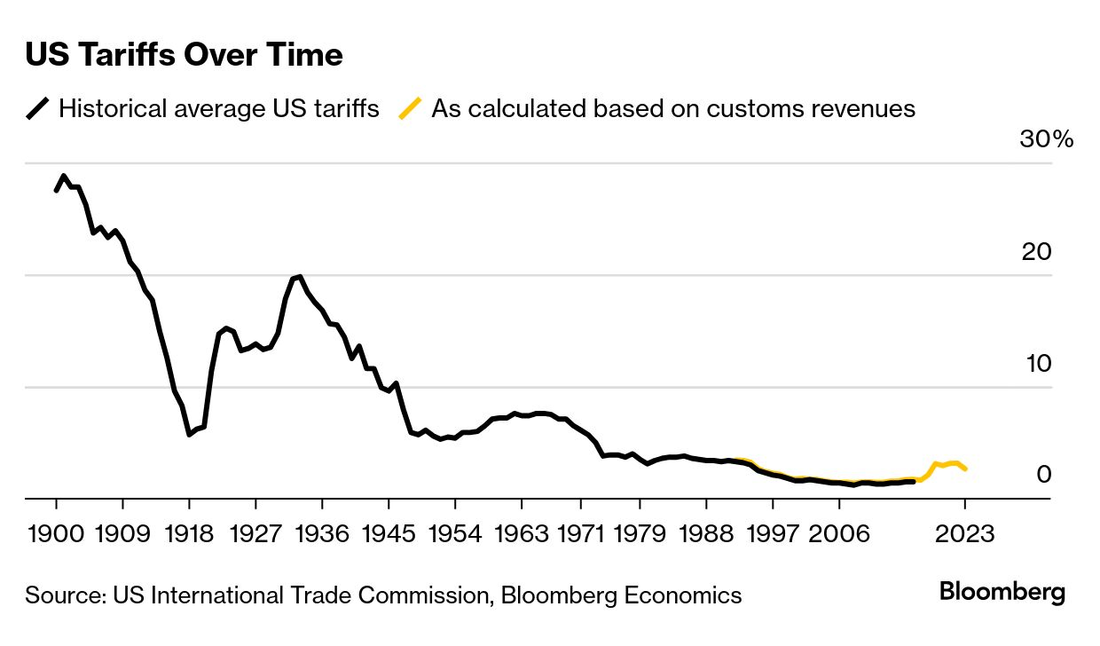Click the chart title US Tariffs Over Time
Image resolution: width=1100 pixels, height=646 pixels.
(184, 55)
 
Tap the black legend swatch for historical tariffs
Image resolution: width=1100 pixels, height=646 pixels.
(38, 109)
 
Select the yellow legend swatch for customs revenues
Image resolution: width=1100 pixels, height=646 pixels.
(411, 109)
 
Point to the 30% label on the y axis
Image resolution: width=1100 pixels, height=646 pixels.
(1047, 140)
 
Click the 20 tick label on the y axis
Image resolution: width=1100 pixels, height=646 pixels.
(1036, 252)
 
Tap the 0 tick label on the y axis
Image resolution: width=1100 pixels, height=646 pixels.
(1044, 475)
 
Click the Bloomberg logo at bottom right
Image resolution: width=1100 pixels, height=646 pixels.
(1002, 593)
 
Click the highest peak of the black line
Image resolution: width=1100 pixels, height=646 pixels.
(63, 177)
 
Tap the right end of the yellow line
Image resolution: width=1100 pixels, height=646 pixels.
(965, 469)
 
